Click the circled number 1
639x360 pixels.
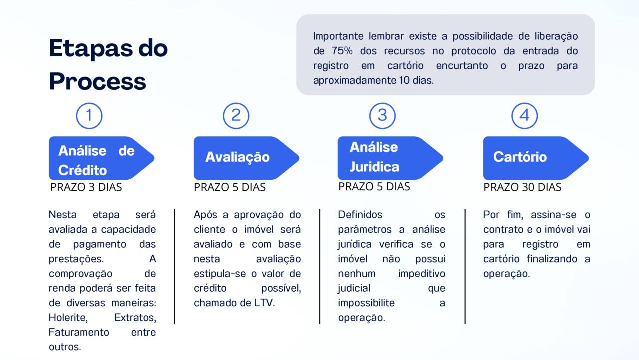click(89, 116)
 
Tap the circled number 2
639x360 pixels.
click(236, 116)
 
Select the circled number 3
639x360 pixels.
click(382, 116)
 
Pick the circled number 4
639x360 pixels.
click(525, 116)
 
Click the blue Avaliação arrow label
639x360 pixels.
click(247, 158)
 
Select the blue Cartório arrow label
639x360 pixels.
click(536, 158)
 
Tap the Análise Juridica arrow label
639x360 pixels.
click(390, 158)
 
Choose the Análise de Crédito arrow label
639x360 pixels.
click(102, 158)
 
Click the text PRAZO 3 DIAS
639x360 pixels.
click(86, 187)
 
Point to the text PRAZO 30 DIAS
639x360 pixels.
click(522, 187)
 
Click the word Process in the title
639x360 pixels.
click(97, 81)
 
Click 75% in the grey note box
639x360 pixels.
click(342, 51)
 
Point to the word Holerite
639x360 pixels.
click(68, 318)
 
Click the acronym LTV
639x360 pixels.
click(264, 303)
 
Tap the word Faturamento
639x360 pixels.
click(79, 333)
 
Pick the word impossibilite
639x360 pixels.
click(366, 303)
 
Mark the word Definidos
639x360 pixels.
click(360, 215)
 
